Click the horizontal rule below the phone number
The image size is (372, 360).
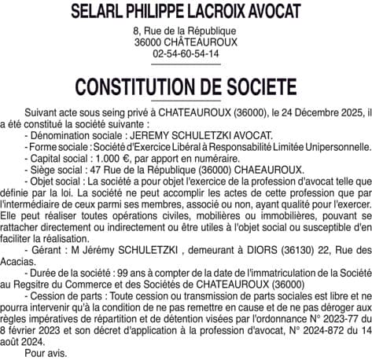[x=186, y=64]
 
